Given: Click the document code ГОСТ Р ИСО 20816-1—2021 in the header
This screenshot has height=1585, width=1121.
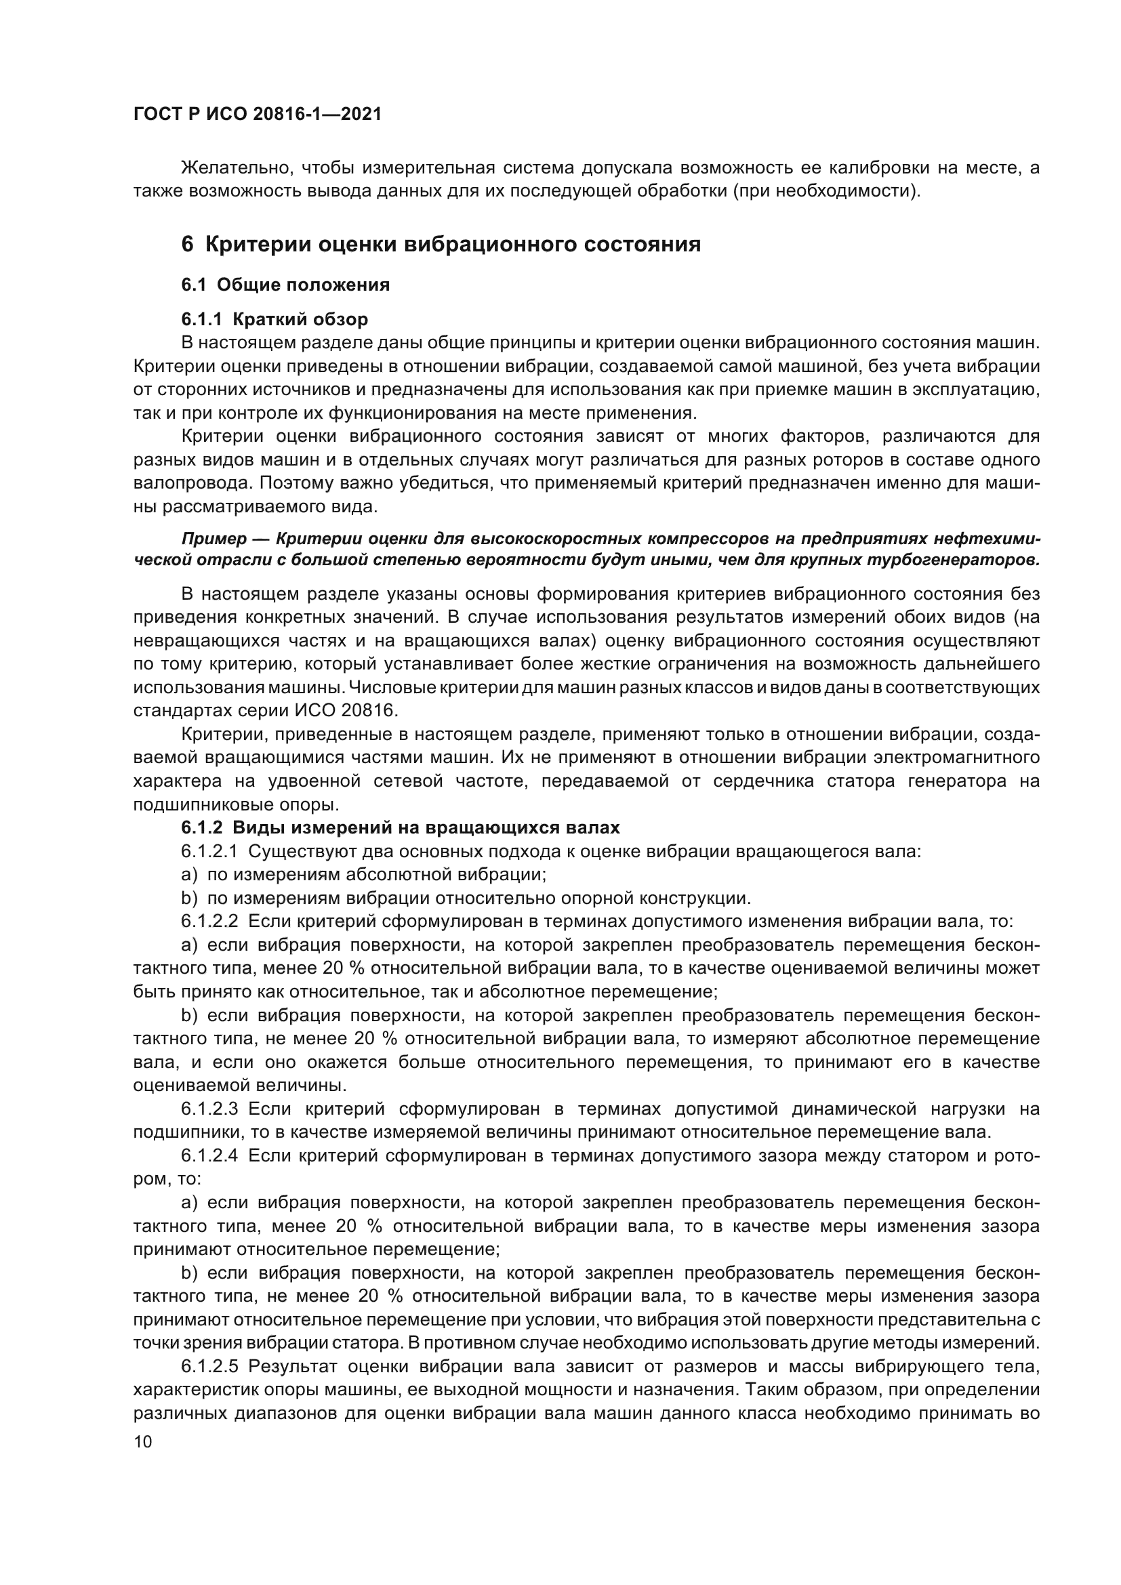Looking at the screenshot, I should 257,115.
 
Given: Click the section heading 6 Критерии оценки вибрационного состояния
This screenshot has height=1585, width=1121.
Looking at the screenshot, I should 441,245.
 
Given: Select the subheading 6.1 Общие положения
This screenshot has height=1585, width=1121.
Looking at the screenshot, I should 285,285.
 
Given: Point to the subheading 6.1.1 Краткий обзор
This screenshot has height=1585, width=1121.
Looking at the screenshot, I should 274,320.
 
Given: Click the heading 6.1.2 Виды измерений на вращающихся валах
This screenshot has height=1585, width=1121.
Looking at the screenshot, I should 401,827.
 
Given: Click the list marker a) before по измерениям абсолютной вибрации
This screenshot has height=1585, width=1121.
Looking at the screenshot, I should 189,875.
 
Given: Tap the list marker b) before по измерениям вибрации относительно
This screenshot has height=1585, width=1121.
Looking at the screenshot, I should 189,898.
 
